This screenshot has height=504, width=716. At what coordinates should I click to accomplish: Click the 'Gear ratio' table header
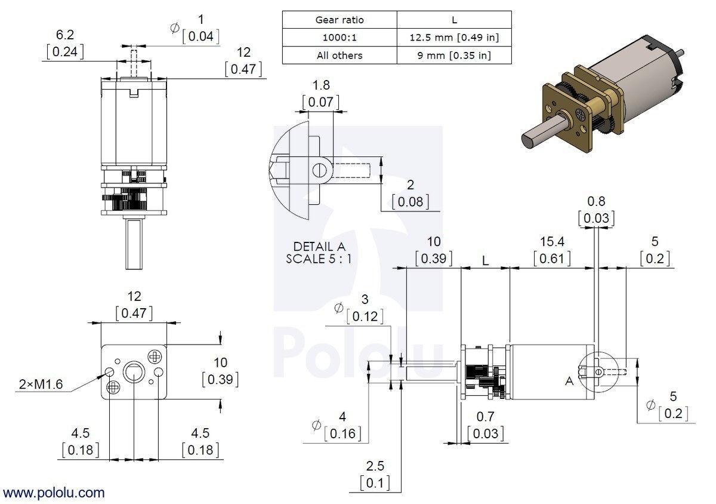(x=339, y=20)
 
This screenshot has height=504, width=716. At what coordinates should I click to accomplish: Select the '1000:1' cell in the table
(x=339, y=38)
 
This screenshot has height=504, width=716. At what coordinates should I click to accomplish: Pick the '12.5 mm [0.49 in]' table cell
(x=454, y=38)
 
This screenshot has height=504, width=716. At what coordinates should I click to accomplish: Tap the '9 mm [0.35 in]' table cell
(x=454, y=56)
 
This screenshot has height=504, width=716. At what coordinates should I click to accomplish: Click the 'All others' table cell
(x=339, y=56)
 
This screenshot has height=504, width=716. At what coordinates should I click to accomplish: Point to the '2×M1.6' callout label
(x=39, y=385)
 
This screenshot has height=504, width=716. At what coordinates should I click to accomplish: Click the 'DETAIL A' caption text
(x=319, y=247)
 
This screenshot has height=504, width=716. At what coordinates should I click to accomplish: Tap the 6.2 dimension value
(x=65, y=35)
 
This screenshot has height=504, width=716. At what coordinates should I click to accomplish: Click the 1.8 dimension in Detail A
(x=322, y=85)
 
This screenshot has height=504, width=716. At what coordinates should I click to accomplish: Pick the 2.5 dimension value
(x=375, y=465)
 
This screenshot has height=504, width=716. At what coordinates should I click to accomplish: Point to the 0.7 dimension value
(x=484, y=416)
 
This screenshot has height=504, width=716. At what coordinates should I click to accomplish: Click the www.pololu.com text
(x=54, y=493)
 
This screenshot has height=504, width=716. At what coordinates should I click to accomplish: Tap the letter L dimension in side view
(x=486, y=262)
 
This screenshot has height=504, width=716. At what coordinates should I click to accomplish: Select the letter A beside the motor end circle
(x=569, y=380)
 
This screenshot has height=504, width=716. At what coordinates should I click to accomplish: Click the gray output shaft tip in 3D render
(x=527, y=139)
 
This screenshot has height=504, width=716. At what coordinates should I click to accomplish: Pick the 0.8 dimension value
(x=596, y=201)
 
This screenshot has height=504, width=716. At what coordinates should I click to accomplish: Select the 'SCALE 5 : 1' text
(x=319, y=259)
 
